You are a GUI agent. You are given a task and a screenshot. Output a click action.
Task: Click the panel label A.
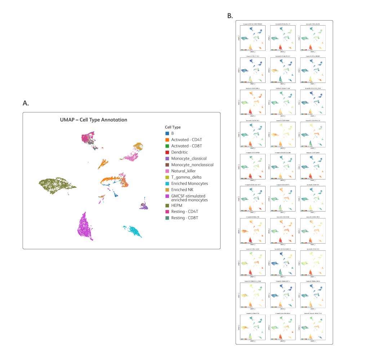[x=26, y=103]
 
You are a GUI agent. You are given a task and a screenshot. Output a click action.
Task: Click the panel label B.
[x=230, y=16]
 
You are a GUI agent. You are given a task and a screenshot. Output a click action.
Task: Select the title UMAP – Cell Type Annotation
[x=93, y=120]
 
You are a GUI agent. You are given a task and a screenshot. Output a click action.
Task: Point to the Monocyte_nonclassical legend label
[x=192, y=165]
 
